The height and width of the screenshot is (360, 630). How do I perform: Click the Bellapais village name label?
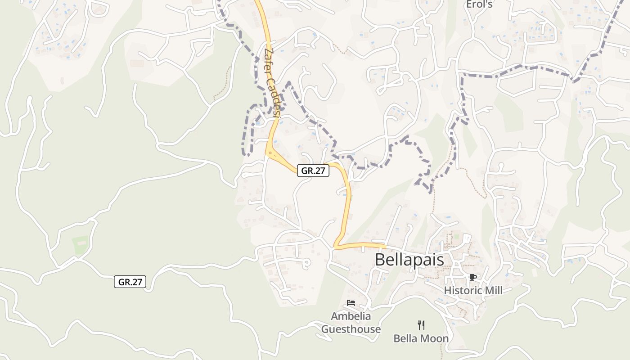(409, 260)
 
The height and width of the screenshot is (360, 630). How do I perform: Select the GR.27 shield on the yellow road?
(313, 171)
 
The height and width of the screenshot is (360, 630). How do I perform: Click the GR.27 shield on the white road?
(130, 282)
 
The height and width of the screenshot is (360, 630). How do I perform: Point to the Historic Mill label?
(473, 291)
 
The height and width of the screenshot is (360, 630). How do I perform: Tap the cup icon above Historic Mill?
(472, 277)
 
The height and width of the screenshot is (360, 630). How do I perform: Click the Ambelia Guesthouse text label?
(351, 323)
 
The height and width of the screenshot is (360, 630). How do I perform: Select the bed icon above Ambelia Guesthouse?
(351, 303)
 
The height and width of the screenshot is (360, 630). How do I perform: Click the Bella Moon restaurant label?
(421, 338)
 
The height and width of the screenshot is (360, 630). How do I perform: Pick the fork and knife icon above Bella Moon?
(421, 325)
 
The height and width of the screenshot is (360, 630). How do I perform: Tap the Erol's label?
(479, 4)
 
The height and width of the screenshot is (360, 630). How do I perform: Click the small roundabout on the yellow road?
(270, 153)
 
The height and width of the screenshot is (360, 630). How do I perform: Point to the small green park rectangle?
(80, 244)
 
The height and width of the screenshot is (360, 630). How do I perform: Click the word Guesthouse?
(351, 329)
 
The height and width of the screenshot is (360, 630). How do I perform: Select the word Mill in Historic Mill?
(492, 291)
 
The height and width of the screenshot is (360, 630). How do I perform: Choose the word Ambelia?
(351, 316)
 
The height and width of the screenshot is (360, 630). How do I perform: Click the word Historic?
(462, 291)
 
